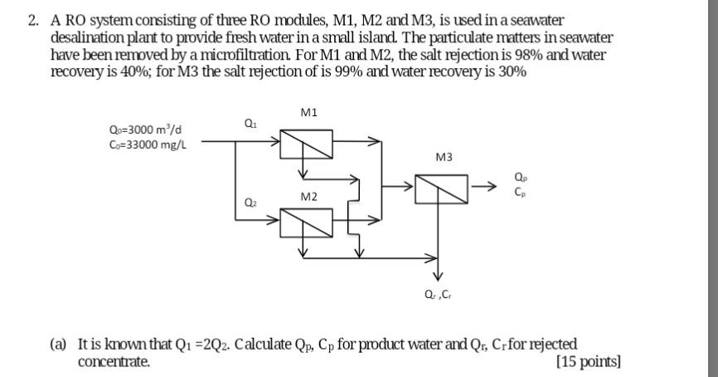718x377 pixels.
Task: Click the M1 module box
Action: (306, 144)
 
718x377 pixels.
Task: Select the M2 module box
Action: (306, 222)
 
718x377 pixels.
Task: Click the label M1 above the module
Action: (309, 111)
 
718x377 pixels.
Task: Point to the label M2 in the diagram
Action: (308, 197)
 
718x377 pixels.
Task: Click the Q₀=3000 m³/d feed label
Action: (146, 130)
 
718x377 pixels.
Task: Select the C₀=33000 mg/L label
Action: (148, 144)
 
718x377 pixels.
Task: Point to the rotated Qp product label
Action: (520, 177)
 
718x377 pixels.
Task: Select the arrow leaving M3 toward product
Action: (484, 190)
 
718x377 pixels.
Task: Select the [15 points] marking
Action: (589, 361)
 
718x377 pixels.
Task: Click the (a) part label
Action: (58, 344)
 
